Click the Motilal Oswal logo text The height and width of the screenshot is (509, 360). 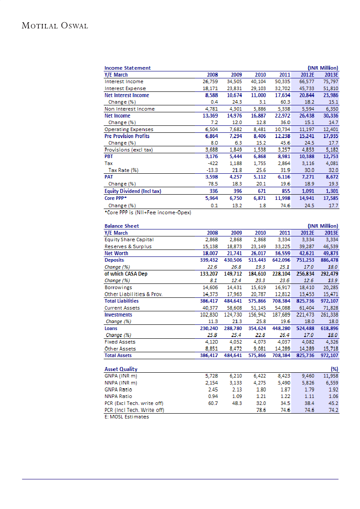tap(55, 25)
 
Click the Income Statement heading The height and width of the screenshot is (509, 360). tap(127, 68)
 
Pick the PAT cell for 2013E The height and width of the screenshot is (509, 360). tap(330, 177)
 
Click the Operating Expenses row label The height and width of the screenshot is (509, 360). tap(129, 129)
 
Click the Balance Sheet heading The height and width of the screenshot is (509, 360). tap(122, 226)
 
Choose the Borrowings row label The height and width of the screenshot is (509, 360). tap(118, 287)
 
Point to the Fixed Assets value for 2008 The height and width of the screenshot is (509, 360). tap(211, 342)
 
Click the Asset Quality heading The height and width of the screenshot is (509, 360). tap(121, 369)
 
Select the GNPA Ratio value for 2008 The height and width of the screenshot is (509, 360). tap(212, 389)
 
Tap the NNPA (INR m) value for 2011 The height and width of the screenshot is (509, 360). tap(284, 383)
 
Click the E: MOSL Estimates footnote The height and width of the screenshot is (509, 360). tap(127, 417)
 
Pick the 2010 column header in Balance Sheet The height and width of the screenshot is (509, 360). tap(260, 233)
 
